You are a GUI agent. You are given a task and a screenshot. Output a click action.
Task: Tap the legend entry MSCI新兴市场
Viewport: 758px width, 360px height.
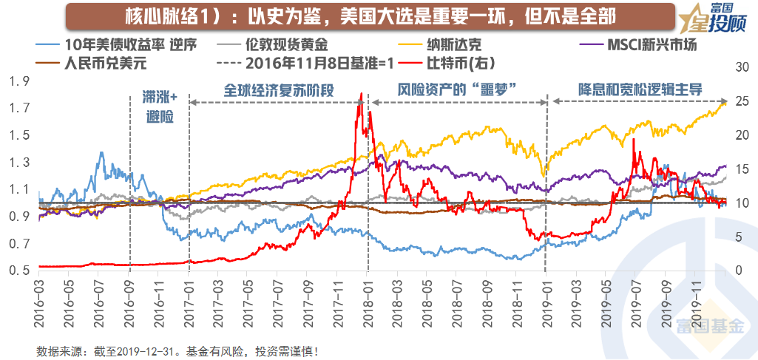coord(651,44)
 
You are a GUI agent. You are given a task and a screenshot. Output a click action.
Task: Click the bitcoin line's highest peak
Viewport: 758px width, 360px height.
coord(361,94)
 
